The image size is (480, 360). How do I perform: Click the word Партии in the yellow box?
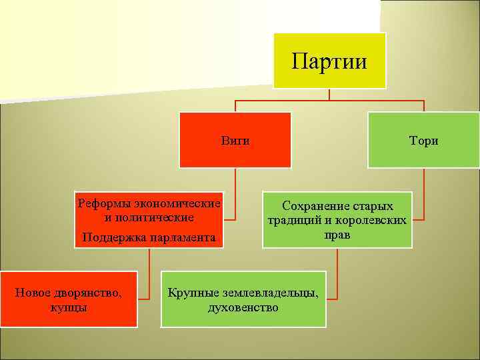click(x=329, y=61)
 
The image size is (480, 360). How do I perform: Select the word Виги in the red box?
click(x=235, y=141)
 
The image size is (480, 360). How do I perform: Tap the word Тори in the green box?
click(x=424, y=141)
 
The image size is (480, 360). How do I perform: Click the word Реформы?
click(x=103, y=203)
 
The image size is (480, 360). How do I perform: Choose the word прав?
click(x=337, y=235)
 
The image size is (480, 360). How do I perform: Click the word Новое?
click(x=33, y=292)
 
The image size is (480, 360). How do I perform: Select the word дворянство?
click(x=88, y=292)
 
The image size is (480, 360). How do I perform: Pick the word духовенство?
click(x=243, y=307)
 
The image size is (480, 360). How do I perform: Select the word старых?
click(x=371, y=206)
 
